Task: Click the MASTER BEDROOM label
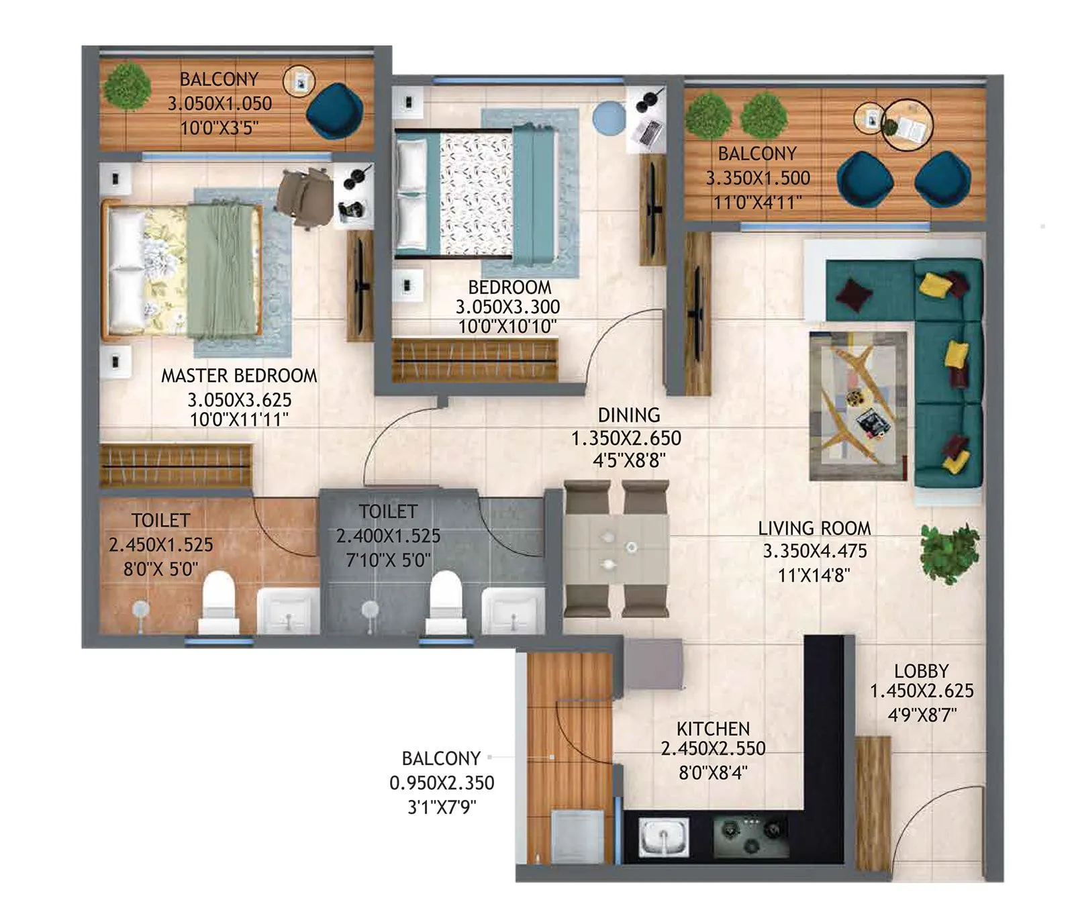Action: [x=238, y=376]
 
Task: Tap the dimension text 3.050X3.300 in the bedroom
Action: [x=507, y=307]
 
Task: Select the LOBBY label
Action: [x=921, y=671]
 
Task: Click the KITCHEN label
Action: [x=713, y=729]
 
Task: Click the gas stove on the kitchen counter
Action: [x=750, y=836]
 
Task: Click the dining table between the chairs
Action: [x=616, y=549]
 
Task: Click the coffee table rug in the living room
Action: [x=858, y=405]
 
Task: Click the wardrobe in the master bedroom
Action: [x=176, y=465]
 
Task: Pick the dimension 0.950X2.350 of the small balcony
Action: [x=442, y=783]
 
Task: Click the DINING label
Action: [x=628, y=415]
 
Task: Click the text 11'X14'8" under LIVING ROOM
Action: [x=814, y=576]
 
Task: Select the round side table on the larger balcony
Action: [x=907, y=125]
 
